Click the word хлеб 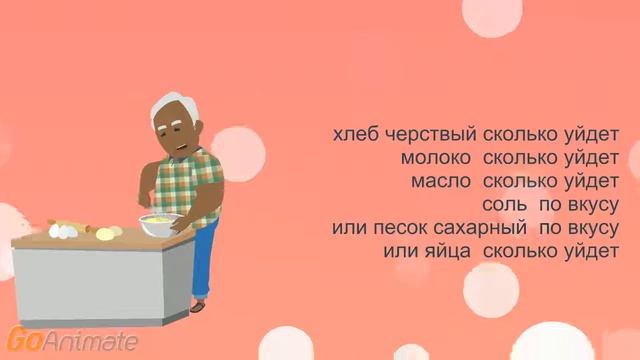(355, 134)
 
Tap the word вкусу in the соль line (591, 205)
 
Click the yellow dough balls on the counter (109, 234)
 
